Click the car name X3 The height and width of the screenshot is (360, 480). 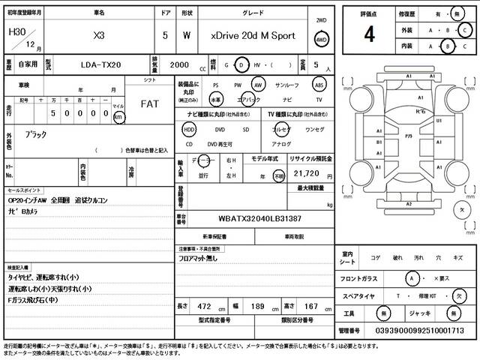[x=98, y=35]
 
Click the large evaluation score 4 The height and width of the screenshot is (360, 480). [x=369, y=34]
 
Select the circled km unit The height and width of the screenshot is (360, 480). [x=118, y=117]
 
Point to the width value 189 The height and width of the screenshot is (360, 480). [x=256, y=307]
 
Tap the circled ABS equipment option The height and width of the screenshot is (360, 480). [x=319, y=85]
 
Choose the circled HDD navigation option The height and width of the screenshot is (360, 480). [x=189, y=129]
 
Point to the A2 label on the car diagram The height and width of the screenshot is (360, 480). [x=408, y=204]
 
